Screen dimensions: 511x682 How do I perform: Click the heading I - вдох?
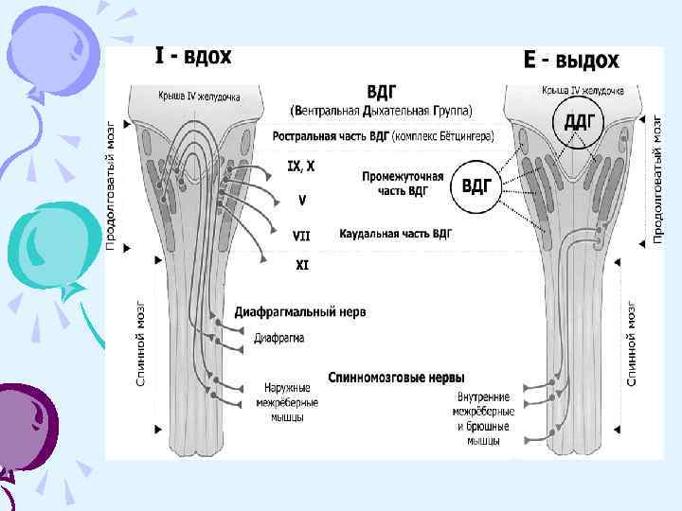[192, 58]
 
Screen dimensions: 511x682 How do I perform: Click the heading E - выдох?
[571, 61]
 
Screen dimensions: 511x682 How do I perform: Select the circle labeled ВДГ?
[476, 185]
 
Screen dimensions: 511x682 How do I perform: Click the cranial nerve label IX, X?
[301, 167]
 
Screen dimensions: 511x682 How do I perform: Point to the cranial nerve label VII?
[301, 233]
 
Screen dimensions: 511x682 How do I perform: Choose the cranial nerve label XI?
[301, 266]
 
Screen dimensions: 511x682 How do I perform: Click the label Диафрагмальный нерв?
[300, 311]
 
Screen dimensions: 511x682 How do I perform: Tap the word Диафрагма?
[279, 337]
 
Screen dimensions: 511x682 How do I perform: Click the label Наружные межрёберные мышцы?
[287, 402]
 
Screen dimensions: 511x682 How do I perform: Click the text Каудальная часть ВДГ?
[396, 233]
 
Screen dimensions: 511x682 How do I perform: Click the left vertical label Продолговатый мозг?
[111, 185]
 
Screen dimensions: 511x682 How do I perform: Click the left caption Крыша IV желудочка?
[199, 96]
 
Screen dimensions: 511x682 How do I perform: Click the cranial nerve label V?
[301, 200]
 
